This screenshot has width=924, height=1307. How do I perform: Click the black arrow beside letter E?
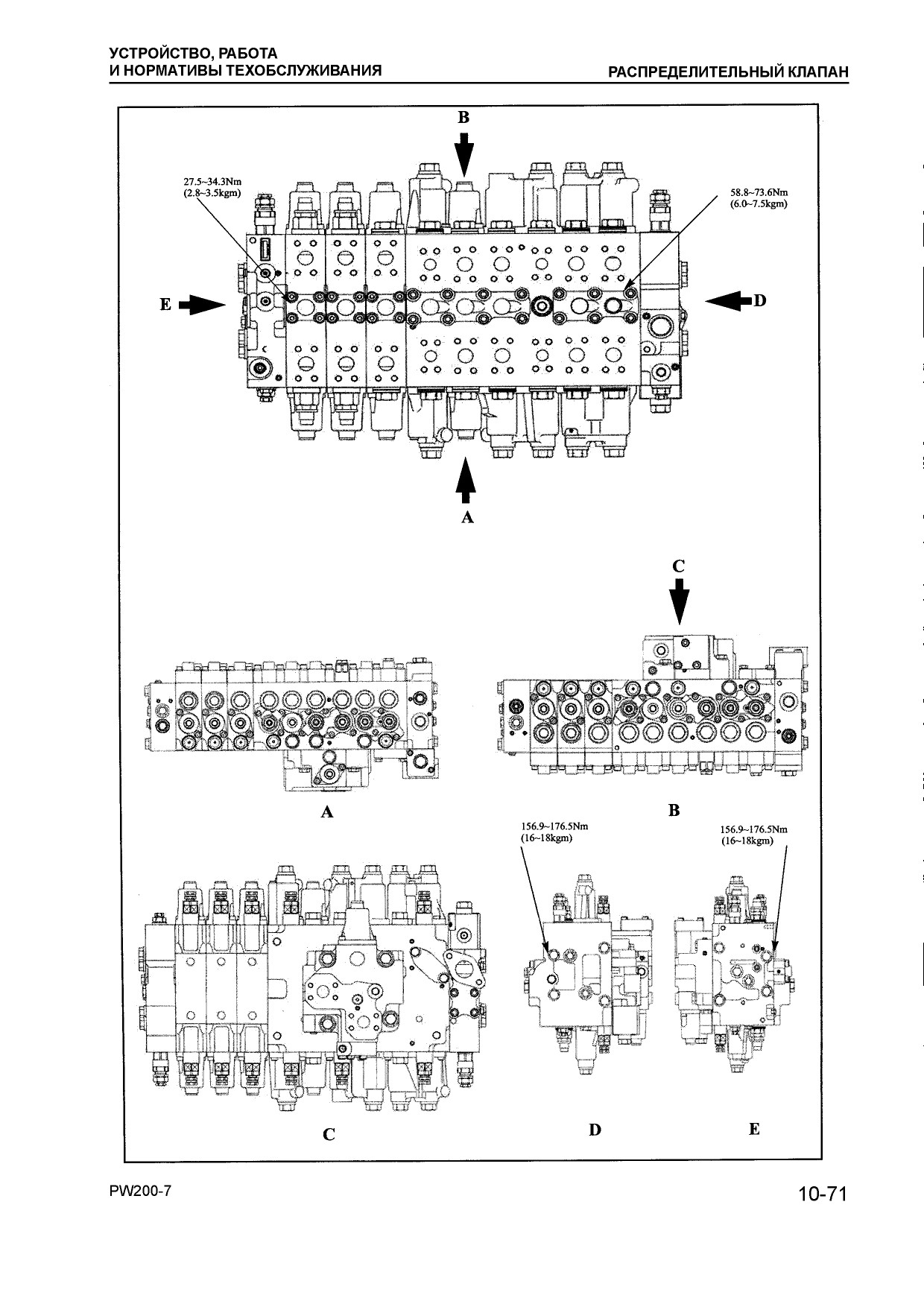coord(203,304)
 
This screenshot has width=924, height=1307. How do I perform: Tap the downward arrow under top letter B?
coord(464,155)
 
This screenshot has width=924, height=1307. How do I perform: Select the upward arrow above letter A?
coord(466,481)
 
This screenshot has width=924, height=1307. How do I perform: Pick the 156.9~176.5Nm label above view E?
coord(753,829)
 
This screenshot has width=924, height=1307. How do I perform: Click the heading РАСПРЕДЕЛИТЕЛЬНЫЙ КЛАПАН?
coord(729,72)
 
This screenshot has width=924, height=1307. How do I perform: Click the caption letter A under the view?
coord(326,812)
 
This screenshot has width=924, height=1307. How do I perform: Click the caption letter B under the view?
coord(674,810)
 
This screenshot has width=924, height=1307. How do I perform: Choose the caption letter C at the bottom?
coord(329,1135)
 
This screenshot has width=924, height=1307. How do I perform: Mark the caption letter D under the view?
coord(595,1130)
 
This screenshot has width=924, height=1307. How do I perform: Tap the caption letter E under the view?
coord(754,1129)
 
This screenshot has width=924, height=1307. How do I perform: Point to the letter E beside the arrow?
coord(165,304)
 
